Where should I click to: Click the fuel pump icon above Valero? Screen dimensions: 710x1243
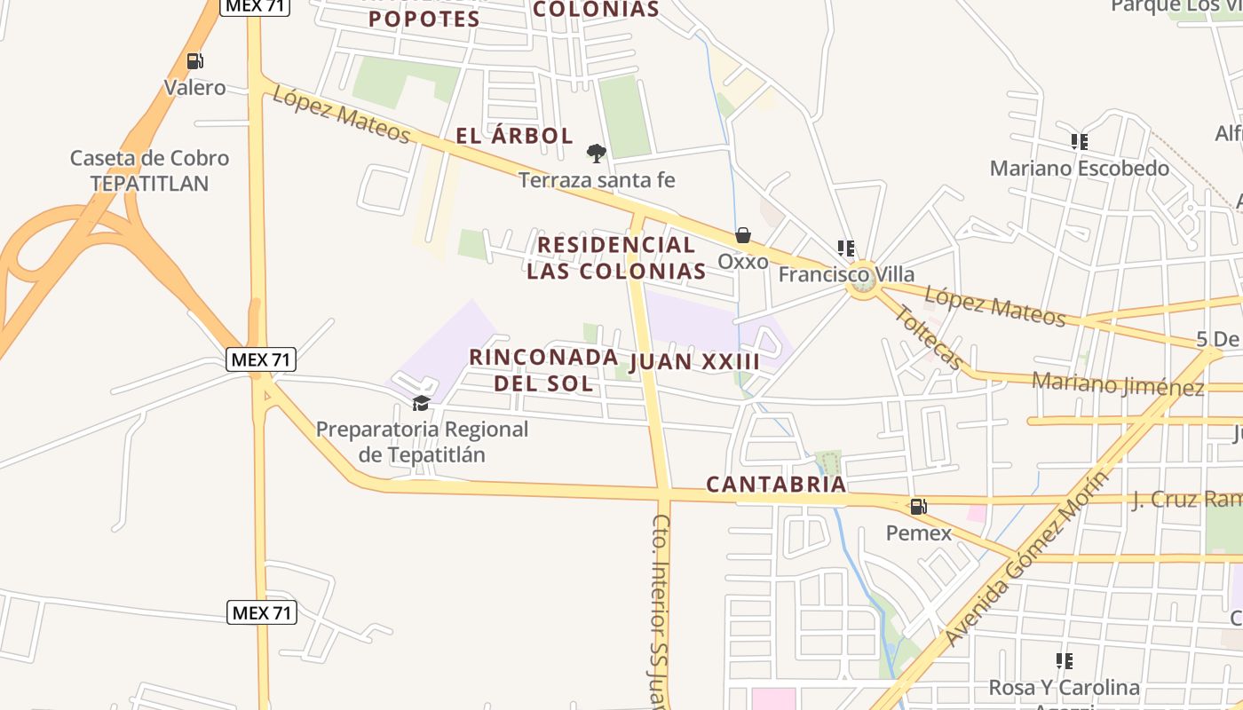[194, 61]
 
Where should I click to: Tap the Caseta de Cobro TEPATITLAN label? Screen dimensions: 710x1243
[149, 170]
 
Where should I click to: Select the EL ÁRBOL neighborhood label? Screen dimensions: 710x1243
[514, 136]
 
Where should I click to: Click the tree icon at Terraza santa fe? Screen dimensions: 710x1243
[597, 154]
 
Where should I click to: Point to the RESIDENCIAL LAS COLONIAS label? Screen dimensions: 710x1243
[616, 257]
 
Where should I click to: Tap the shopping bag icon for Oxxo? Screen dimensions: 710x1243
[742, 235]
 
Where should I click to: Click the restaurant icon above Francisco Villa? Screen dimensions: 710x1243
[845, 248]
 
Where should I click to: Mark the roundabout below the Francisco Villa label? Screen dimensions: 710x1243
[861, 280]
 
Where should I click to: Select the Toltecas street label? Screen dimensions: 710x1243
[928, 338]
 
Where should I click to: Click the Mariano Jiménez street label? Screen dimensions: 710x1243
[1118, 384]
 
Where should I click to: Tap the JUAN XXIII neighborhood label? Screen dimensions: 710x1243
[695, 362]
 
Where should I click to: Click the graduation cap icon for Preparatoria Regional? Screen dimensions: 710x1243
[421, 404]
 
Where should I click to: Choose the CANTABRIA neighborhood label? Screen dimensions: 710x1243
[776, 485]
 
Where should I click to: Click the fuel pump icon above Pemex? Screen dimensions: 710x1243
[918, 507]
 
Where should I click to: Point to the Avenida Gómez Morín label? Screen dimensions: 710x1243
[1027, 558]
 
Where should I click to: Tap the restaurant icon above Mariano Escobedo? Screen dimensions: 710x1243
[1079, 141]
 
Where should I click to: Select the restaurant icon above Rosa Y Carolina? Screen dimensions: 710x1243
[1064, 660]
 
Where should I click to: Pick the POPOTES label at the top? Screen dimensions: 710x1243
[424, 19]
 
